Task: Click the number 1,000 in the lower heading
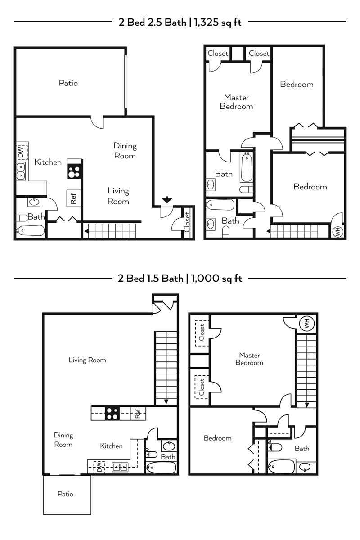pos(205,279)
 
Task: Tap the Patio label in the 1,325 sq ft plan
pos(68,83)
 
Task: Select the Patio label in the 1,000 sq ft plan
pos(65,494)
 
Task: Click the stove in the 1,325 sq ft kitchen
pos(74,171)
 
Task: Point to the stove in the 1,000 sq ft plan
pos(112,413)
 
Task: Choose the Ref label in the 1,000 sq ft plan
pos(138,414)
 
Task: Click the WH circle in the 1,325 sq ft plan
pos(337,232)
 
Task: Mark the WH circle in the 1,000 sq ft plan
pos(307,324)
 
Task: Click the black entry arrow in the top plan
pos(167,200)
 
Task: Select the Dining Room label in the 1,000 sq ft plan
pos(63,440)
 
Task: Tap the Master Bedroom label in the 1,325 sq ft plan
pos(237,102)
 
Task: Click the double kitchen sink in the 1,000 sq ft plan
pos(120,467)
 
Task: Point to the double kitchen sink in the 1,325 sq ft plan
pos(21,171)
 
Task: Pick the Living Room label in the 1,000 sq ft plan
pos(87,360)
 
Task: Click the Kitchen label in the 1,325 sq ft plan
pos(48,162)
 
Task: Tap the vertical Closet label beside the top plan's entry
pos(187,222)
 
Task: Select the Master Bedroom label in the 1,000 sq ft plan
pos(249,359)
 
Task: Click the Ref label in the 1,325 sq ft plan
pos(73,198)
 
